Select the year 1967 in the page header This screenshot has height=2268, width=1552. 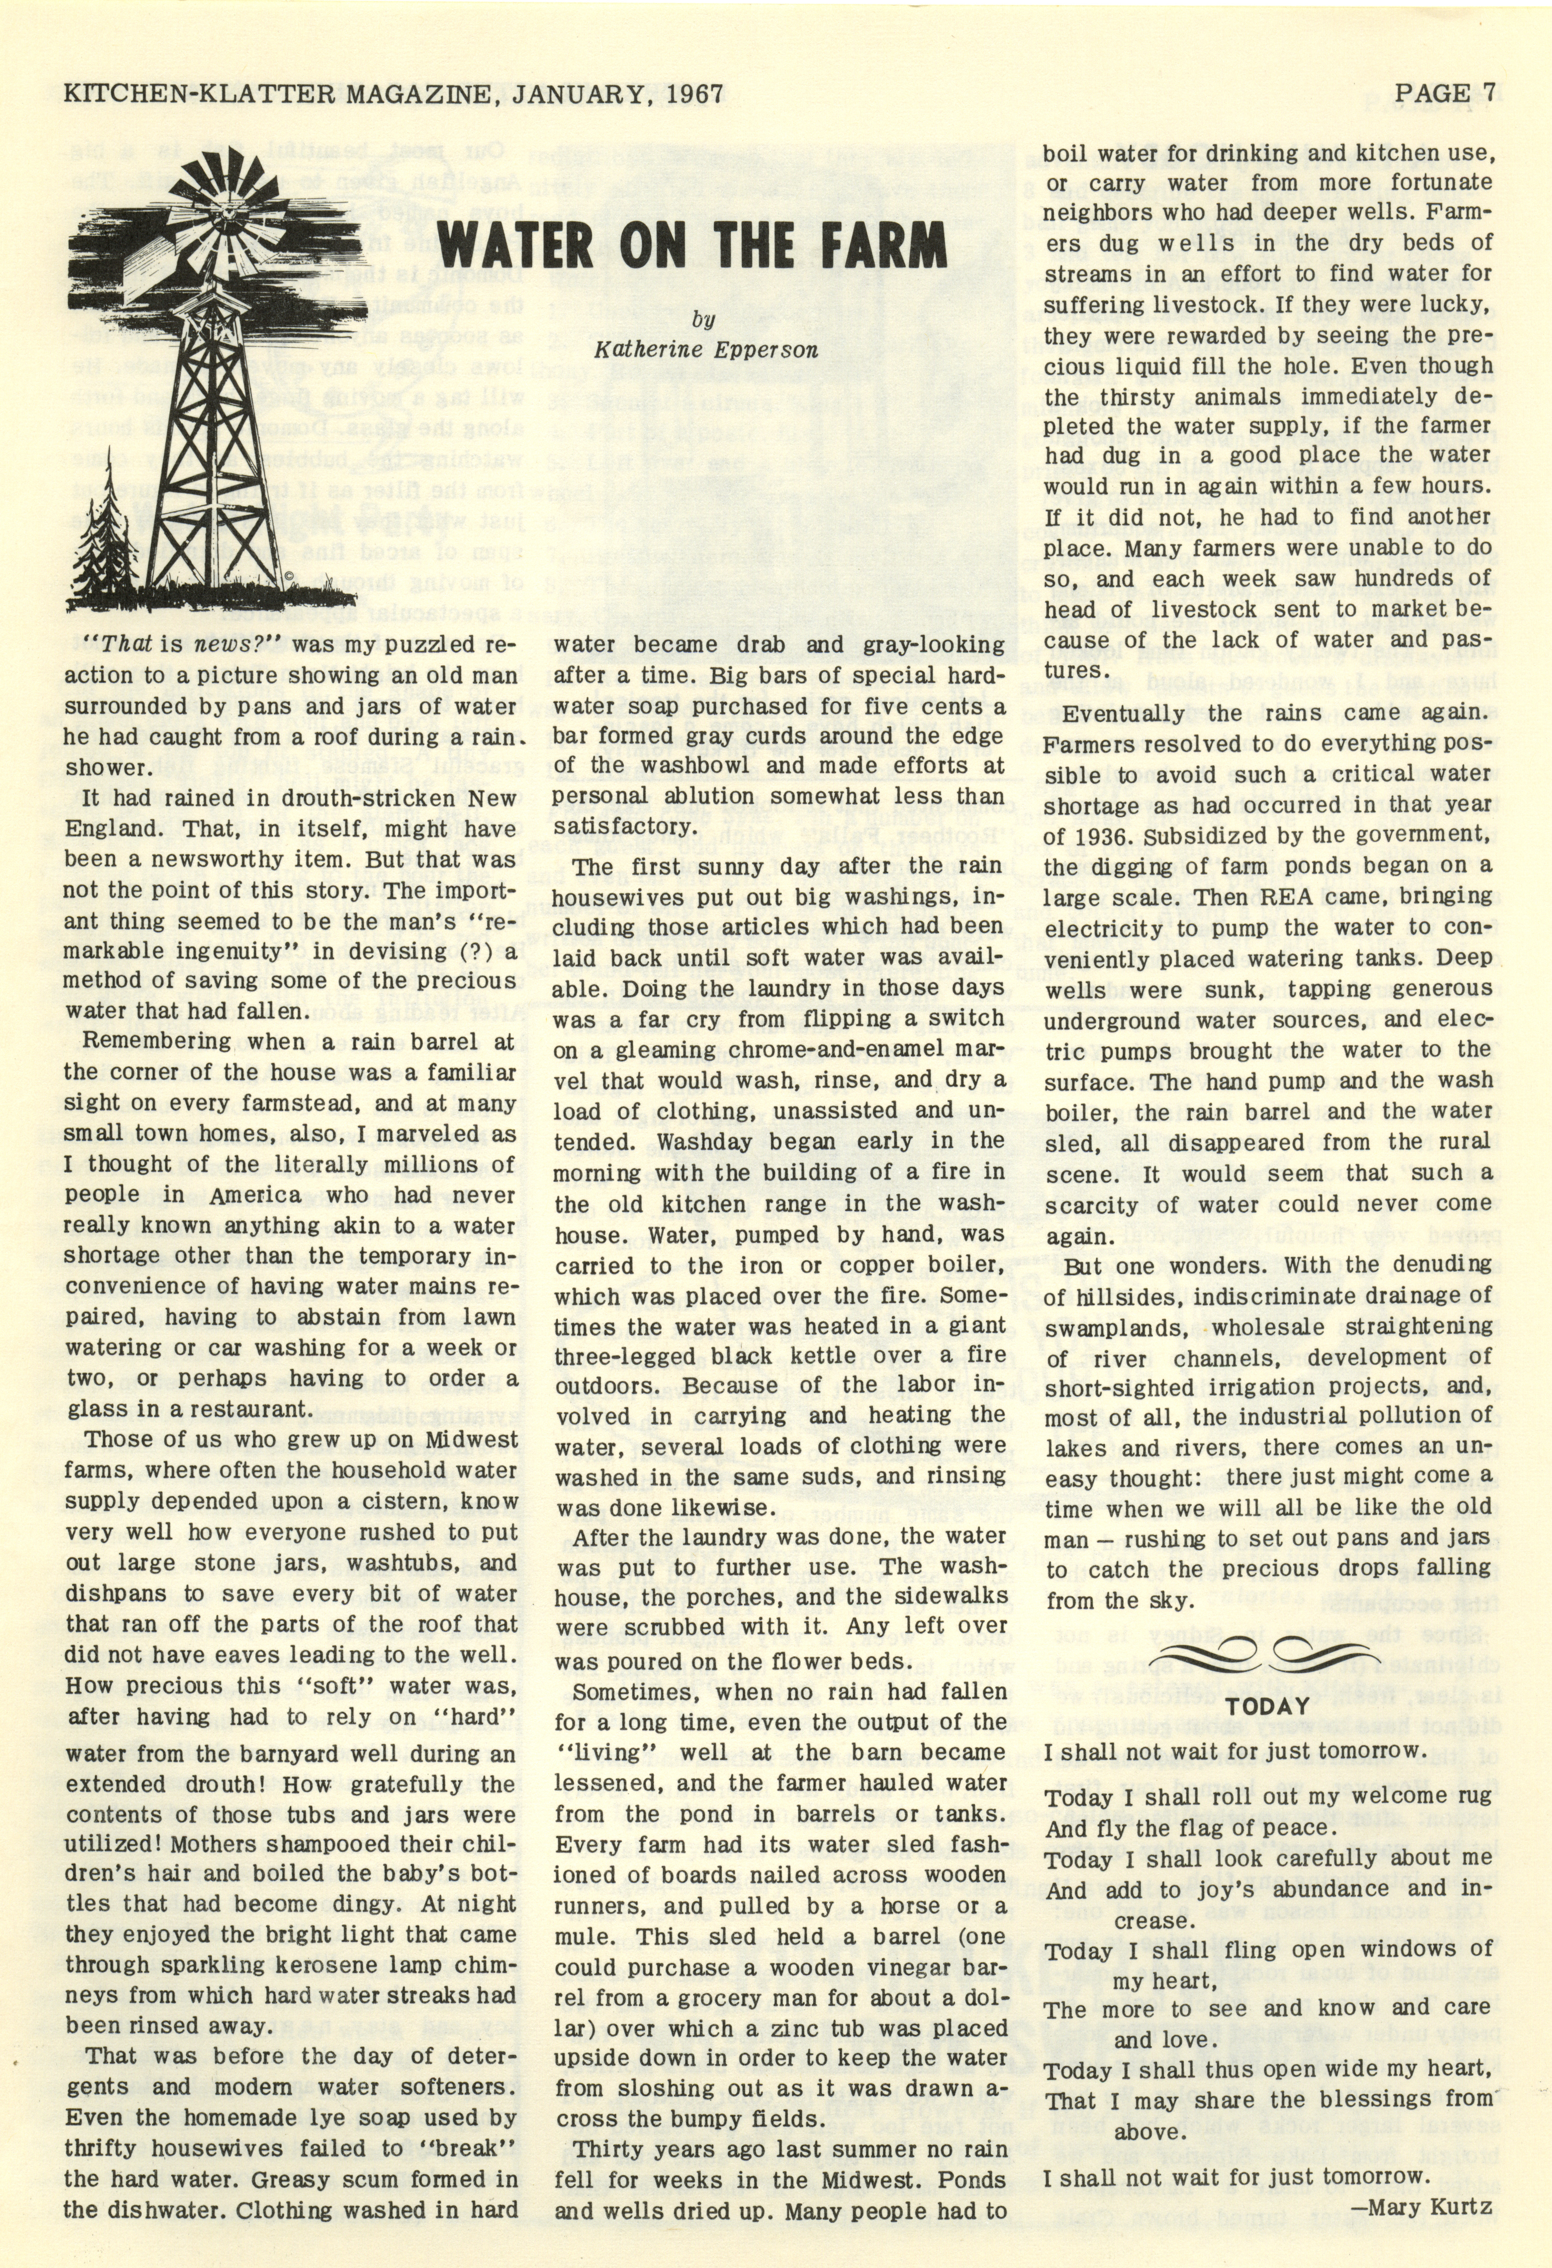689,94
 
